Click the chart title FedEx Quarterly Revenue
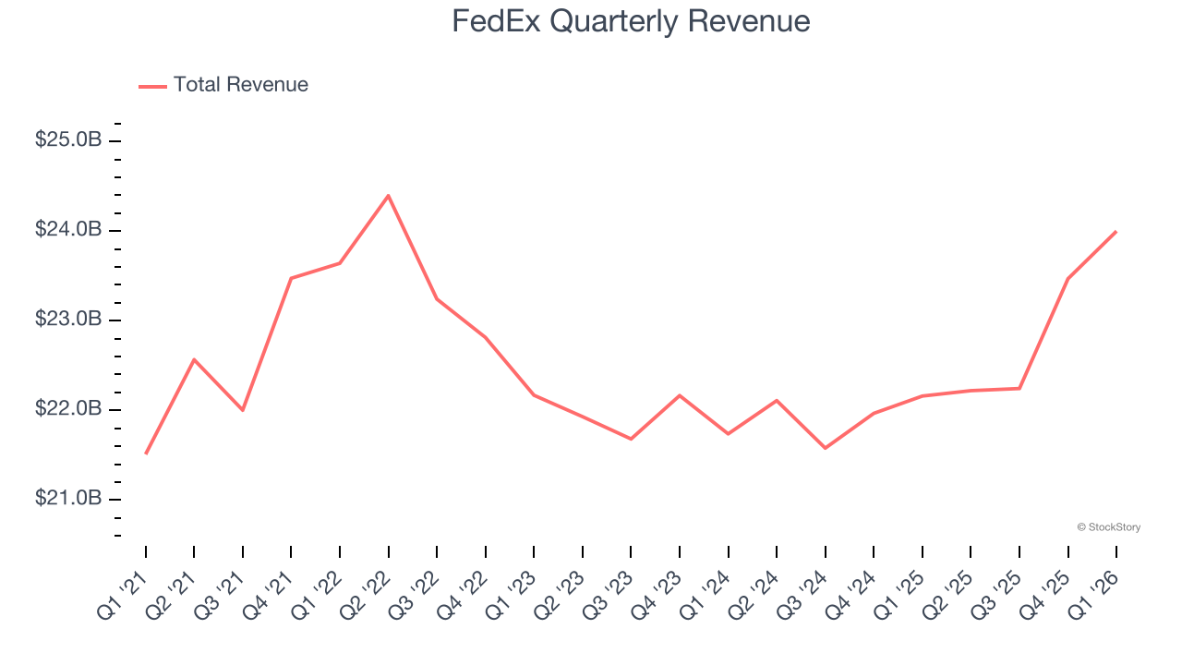click(x=631, y=21)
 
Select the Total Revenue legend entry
click(x=223, y=85)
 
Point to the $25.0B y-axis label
click(x=67, y=140)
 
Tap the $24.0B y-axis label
click(x=67, y=230)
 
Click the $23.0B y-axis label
click(x=67, y=320)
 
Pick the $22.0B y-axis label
click(x=67, y=409)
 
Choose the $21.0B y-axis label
click(x=67, y=499)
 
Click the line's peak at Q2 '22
click(x=389, y=195)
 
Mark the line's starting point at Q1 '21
click(x=146, y=453)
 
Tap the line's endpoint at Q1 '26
click(x=1116, y=231)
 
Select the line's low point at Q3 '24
click(x=825, y=448)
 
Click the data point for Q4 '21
click(x=291, y=278)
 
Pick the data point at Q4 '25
click(x=1068, y=278)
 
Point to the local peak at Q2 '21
click(x=194, y=358)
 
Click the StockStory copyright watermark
click(x=1108, y=527)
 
